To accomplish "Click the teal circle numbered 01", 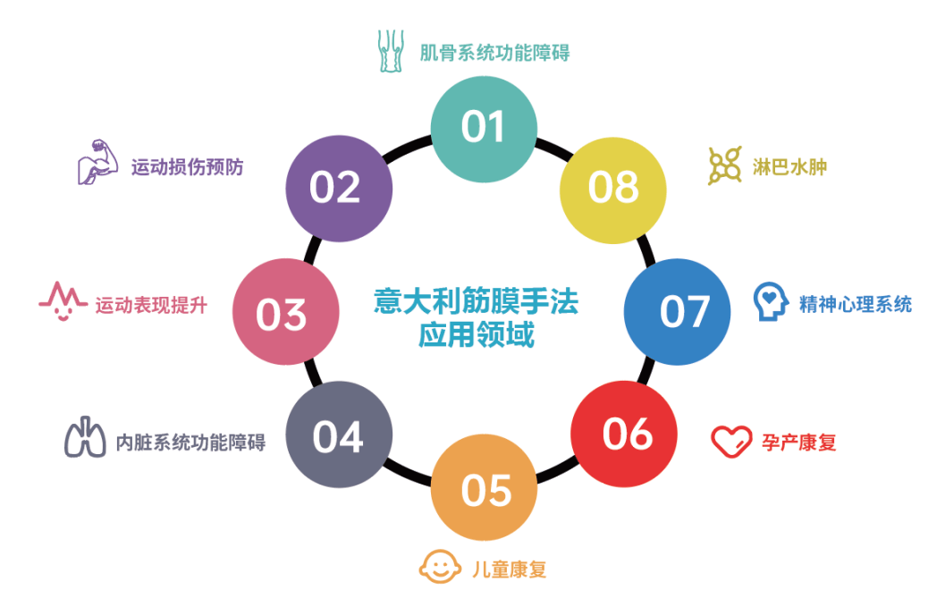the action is [x=484, y=129].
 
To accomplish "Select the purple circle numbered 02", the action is [x=339, y=189].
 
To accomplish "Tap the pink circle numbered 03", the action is [x=286, y=312].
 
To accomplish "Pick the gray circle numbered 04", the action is [x=339, y=434].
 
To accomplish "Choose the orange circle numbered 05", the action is [x=484, y=487].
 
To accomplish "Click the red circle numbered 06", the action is [x=624, y=434].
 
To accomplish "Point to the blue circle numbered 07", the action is [x=677, y=312].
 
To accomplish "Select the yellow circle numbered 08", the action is [x=613, y=190].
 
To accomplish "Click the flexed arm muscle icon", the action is [x=97, y=162].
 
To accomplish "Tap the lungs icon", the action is [x=85, y=437].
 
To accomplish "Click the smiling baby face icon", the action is [x=440, y=567].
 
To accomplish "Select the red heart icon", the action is [x=731, y=442].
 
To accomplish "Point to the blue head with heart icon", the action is [x=771, y=301].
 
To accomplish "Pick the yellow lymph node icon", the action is [x=724, y=165].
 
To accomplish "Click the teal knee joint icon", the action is [x=391, y=51].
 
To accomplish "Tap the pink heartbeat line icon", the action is [x=63, y=300].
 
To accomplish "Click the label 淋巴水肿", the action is [x=789, y=167].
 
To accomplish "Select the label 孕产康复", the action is [x=799, y=443].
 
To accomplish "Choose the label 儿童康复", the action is [x=510, y=569].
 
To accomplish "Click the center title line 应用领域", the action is [x=477, y=335].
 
